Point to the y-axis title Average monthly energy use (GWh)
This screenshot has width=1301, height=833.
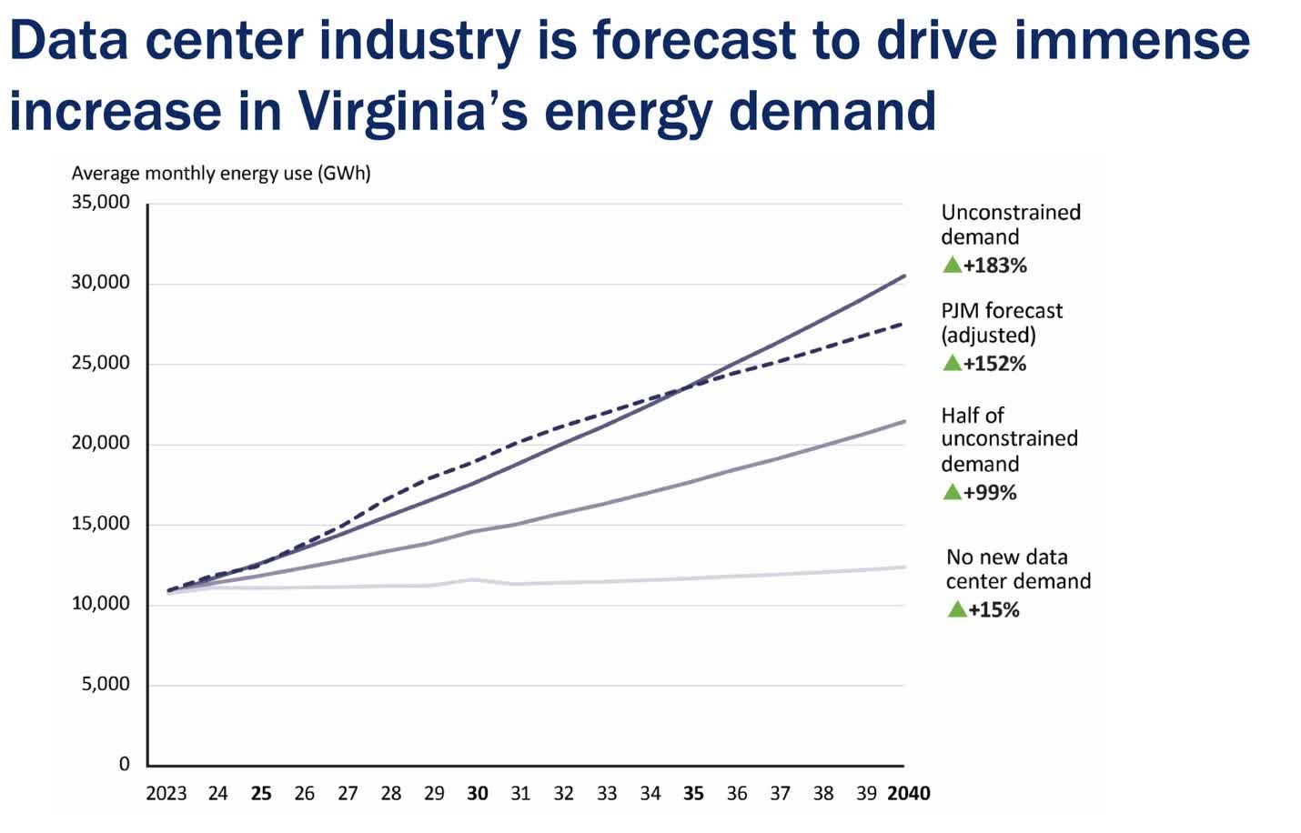click(221, 173)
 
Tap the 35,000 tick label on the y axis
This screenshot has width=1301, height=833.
click(101, 202)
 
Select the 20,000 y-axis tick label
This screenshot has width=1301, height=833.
click(101, 443)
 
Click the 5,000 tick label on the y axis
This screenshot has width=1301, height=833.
click(106, 684)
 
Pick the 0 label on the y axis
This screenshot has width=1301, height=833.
click(125, 764)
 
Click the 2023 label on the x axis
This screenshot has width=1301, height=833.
click(166, 794)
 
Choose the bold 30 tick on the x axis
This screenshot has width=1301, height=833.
click(478, 794)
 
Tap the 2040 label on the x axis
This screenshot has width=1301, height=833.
click(908, 794)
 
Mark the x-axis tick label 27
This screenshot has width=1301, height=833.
click(348, 794)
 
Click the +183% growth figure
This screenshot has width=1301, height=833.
click(994, 266)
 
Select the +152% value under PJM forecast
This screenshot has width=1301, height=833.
click(994, 364)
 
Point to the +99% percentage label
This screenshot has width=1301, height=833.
click(990, 493)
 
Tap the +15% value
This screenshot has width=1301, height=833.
click(993, 610)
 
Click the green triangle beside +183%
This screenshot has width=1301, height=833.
click(952, 265)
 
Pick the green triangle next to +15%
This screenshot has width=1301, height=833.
click(956, 609)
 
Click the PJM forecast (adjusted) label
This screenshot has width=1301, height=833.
click(1001, 323)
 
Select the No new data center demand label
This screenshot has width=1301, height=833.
click(1017, 569)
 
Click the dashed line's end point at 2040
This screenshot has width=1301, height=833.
click(903, 324)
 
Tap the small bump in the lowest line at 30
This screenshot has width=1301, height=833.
click(472, 579)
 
